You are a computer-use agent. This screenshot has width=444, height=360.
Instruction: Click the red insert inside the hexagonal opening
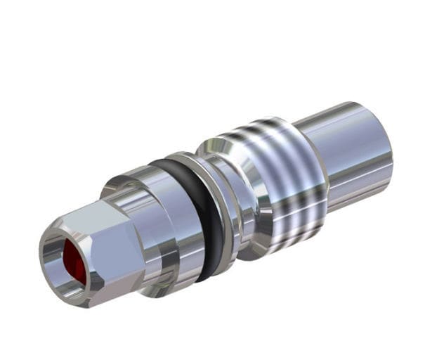(x=73, y=261)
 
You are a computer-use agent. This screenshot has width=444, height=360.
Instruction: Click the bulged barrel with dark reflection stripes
(x=288, y=183)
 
